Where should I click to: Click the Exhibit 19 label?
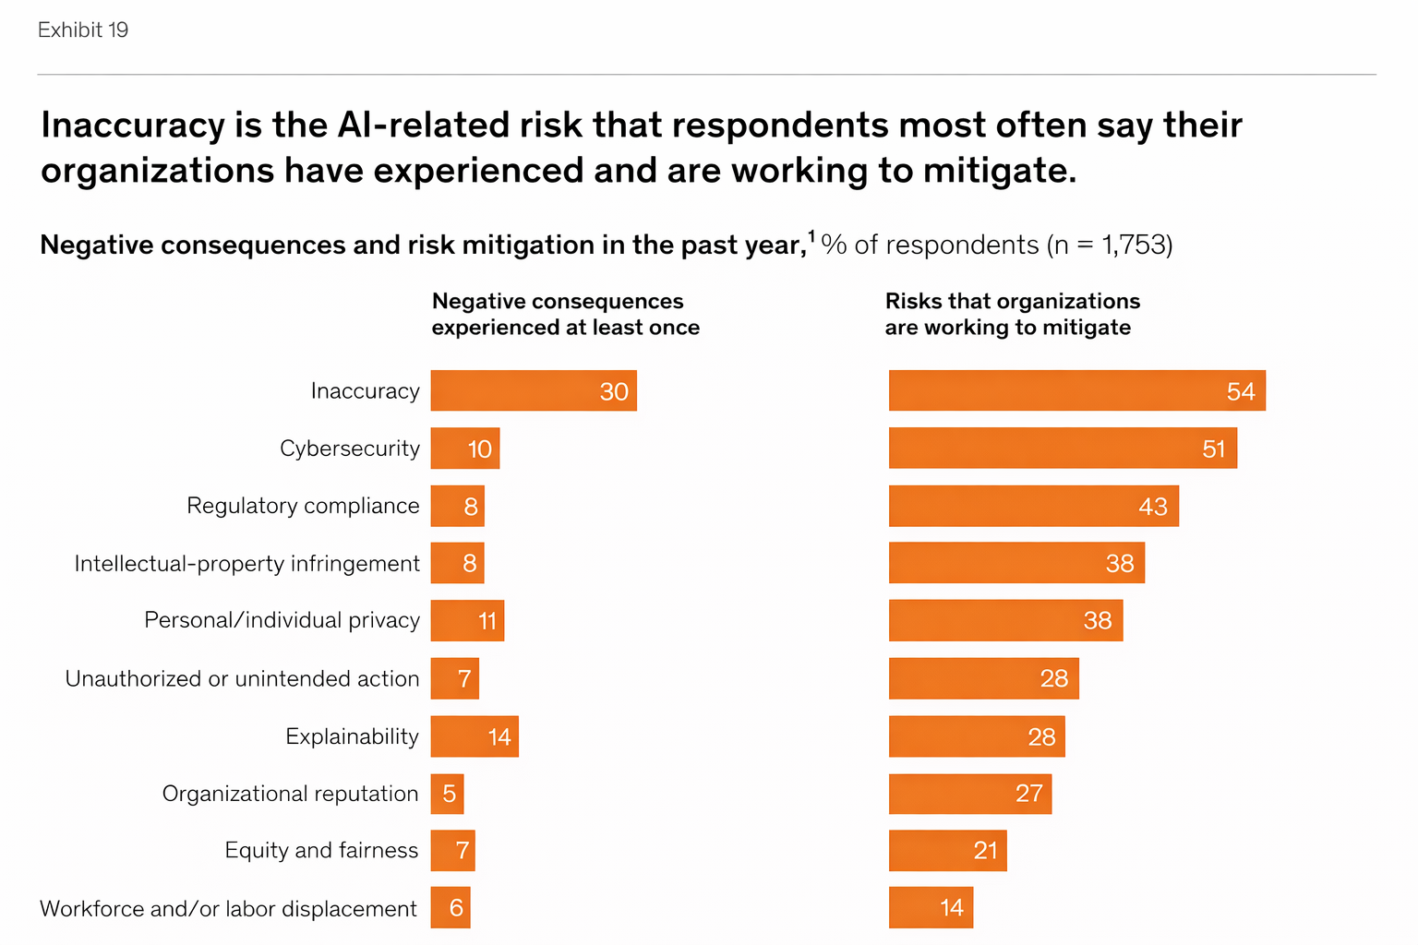pyautogui.click(x=83, y=30)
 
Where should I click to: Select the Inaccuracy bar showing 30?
pyautogui.click(x=534, y=391)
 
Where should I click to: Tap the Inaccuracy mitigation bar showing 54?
pyautogui.click(x=1076, y=391)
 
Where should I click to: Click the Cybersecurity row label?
pyautogui.click(x=350, y=449)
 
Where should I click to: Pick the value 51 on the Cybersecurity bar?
pyautogui.click(x=1213, y=449)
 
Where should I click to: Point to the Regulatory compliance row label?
pyautogui.click(x=303, y=506)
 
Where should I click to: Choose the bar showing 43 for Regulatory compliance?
pyautogui.click(x=1033, y=506)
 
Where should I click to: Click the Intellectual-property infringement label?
pyautogui.click(x=246, y=564)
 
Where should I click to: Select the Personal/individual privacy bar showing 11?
pyautogui.click(x=467, y=620)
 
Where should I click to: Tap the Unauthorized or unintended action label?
pyautogui.click(x=242, y=679)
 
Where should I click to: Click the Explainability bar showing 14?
pyautogui.click(x=475, y=736)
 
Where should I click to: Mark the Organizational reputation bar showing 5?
pyautogui.click(x=448, y=794)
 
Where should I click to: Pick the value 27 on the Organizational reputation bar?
pyautogui.click(x=1028, y=794)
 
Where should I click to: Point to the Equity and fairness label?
pyautogui.click(x=321, y=851)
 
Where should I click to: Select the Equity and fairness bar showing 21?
pyautogui.click(x=947, y=851)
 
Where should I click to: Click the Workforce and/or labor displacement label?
pyautogui.click(x=228, y=909)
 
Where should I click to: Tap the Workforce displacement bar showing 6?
pyautogui.click(x=451, y=908)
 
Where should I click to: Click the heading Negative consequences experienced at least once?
pyautogui.click(x=565, y=315)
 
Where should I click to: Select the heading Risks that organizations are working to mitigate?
pyautogui.click(x=1012, y=315)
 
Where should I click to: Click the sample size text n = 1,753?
pyautogui.click(x=1109, y=245)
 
